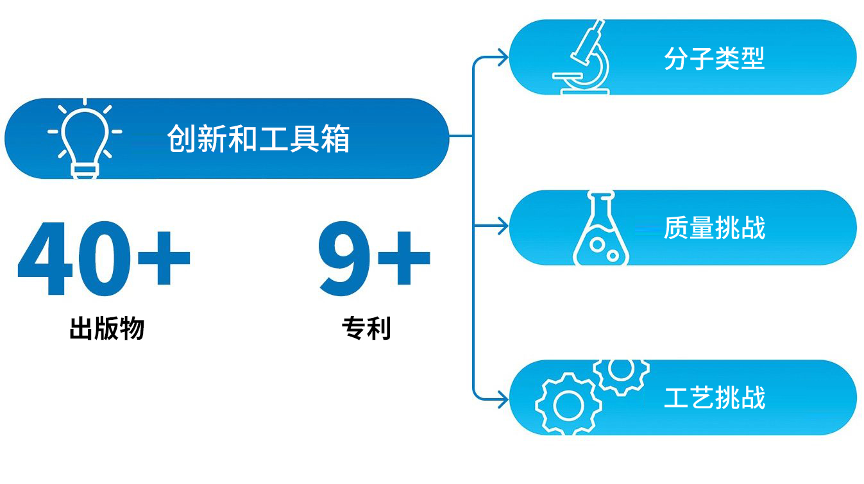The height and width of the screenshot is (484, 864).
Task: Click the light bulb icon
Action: click(85, 138)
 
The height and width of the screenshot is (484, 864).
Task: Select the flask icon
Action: click(601, 231)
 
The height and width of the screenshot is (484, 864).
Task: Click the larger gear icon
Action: click(568, 405)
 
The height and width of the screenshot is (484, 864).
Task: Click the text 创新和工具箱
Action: click(258, 138)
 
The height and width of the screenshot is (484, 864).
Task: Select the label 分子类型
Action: click(715, 58)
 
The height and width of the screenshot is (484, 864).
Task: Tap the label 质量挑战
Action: click(715, 228)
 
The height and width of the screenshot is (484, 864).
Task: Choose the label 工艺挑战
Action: click(715, 397)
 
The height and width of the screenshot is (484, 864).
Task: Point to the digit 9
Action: click(344, 258)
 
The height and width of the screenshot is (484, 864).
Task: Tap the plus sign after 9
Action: click(404, 258)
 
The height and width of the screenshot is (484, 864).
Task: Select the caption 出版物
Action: click(107, 328)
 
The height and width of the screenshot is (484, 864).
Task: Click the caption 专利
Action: click(366, 328)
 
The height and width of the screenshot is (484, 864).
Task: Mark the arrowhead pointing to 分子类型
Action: click(504, 58)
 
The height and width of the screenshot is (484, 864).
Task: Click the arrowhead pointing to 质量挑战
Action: click(504, 226)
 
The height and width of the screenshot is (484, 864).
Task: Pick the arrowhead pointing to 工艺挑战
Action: click(504, 399)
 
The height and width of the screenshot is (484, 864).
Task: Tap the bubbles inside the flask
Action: click(604, 250)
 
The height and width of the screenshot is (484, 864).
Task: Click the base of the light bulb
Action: click(85, 171)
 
